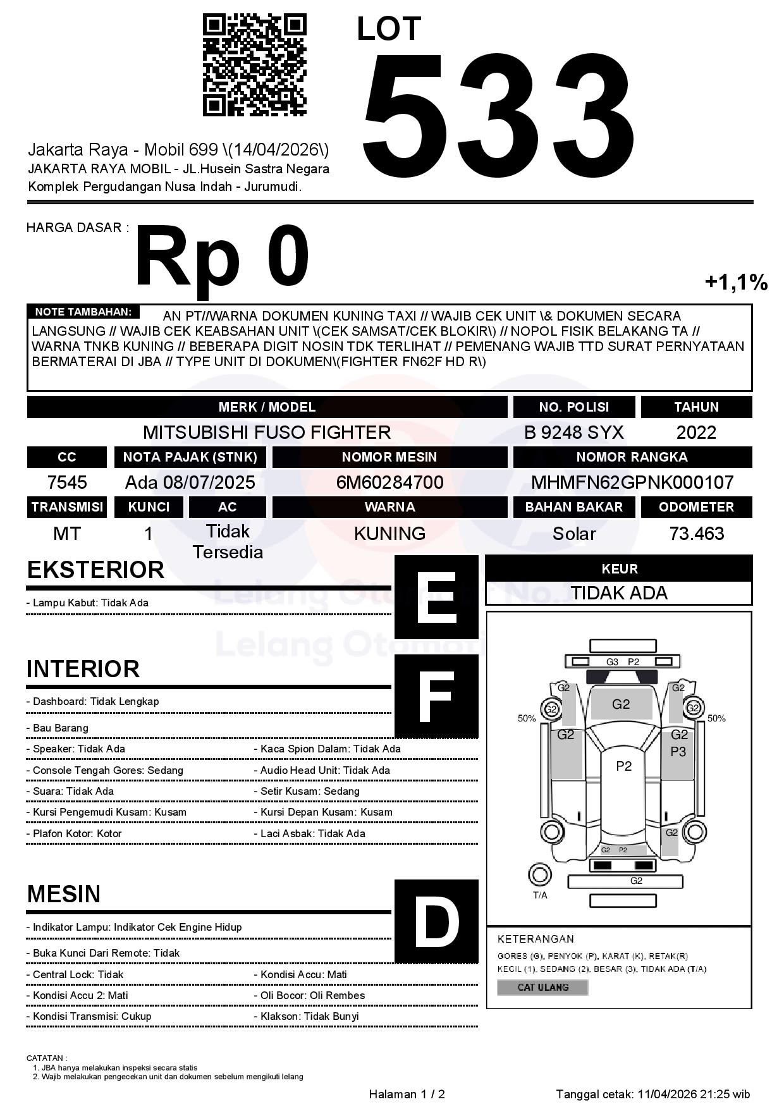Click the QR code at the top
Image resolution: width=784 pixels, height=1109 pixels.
point(254,65)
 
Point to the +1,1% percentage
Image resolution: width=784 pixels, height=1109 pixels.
point(736,282)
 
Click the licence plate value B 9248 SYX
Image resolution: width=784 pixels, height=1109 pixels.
point(573,432)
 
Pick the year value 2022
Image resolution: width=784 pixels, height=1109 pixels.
point(696,432)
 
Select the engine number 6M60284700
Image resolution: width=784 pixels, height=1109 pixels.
point(389,482)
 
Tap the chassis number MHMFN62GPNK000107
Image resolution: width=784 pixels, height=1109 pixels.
point(632,482)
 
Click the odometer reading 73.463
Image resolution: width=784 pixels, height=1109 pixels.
point(696,534)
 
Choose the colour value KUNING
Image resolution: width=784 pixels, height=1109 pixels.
point(389,534)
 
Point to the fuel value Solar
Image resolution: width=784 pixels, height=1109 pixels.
point(573,534)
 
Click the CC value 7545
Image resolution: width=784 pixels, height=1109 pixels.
point(67,482)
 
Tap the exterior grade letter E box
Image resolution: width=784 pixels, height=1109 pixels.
point(436,597)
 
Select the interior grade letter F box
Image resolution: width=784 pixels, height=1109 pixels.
point(436,696)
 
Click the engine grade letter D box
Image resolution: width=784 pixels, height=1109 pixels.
point(436,921)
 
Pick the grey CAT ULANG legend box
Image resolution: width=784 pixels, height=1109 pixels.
point(542,987)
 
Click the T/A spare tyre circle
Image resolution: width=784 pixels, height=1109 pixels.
point(539,874)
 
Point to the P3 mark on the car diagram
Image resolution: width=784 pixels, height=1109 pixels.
point(678,752)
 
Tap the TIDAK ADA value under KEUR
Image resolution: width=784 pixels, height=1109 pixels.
point(619,593)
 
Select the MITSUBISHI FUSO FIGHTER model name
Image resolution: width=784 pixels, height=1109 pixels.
point(267,432)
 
